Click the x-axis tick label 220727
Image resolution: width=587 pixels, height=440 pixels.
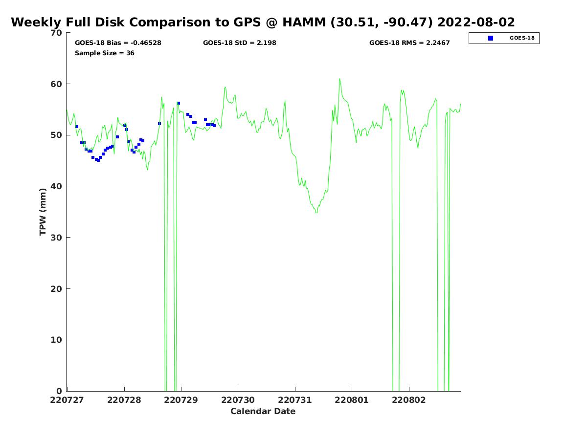(x=67, y=400)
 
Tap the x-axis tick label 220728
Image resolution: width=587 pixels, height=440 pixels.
(x=124, y=400)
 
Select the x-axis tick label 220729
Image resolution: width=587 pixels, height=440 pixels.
(x=181, y=400)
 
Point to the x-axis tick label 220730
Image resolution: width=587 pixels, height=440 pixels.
(x=238, y=400)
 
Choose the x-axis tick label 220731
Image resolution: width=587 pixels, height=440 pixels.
(x=294, y=400)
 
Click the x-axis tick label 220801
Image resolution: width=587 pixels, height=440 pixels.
(x=351, y=400)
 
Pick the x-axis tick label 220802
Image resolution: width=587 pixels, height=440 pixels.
(x=408, y=400)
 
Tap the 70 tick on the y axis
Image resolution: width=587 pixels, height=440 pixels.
(x=56, y=33)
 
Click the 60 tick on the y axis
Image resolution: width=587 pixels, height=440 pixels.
(x=56, y=84)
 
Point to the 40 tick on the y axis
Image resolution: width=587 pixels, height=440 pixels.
(x=56, y=186)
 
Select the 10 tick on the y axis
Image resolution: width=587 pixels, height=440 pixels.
(x=56, y=340)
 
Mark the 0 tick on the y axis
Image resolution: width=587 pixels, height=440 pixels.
(x=59, y=391)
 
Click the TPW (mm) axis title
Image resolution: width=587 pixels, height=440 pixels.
(x=43, y=212)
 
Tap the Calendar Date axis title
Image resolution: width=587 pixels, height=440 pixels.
(x=263, y=411)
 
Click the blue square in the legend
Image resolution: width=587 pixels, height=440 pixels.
(x=491, y=38)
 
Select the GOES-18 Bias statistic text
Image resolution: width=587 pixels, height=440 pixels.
(x=118, y=43)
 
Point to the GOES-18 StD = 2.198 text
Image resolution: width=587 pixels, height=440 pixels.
(x=240, y=43)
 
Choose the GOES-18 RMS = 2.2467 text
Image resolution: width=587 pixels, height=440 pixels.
(x=409, y=43)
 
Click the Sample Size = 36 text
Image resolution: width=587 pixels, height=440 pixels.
(x=105, y=53)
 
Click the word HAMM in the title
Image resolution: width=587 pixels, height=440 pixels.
(x=304, y=22)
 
